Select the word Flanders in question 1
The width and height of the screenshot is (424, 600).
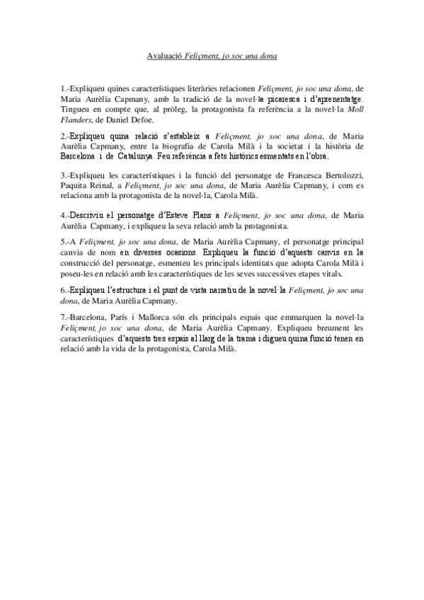pos(77,120)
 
